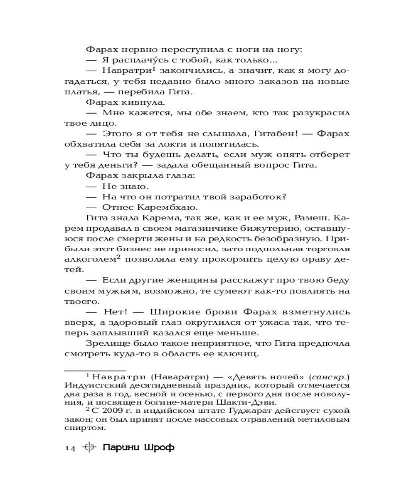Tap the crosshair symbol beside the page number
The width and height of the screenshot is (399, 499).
89,447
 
